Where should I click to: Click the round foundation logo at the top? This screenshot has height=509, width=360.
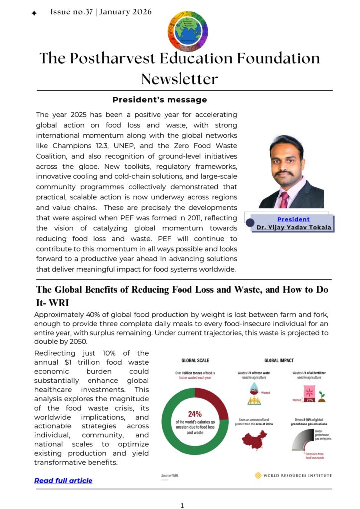pos(187,31)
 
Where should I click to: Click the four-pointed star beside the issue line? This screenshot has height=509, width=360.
pos(34,14)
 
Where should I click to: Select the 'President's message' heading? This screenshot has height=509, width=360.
pos(160,100)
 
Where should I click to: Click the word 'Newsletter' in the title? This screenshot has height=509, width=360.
pos(180,79)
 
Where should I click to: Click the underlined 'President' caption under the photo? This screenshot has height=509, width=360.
pos(293,219)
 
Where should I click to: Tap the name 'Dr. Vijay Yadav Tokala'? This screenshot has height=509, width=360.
pos(293,228)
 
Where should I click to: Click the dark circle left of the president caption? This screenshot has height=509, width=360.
pos(250,223)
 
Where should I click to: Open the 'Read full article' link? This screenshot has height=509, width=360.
pos(63,480)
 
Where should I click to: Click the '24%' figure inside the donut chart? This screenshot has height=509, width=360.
pos(194,414)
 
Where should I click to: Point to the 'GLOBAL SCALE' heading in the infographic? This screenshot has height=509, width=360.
pos(195,360)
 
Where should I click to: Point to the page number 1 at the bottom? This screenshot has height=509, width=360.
pos(182,505)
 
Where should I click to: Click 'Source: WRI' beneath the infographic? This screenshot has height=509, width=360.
pos(170,476)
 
